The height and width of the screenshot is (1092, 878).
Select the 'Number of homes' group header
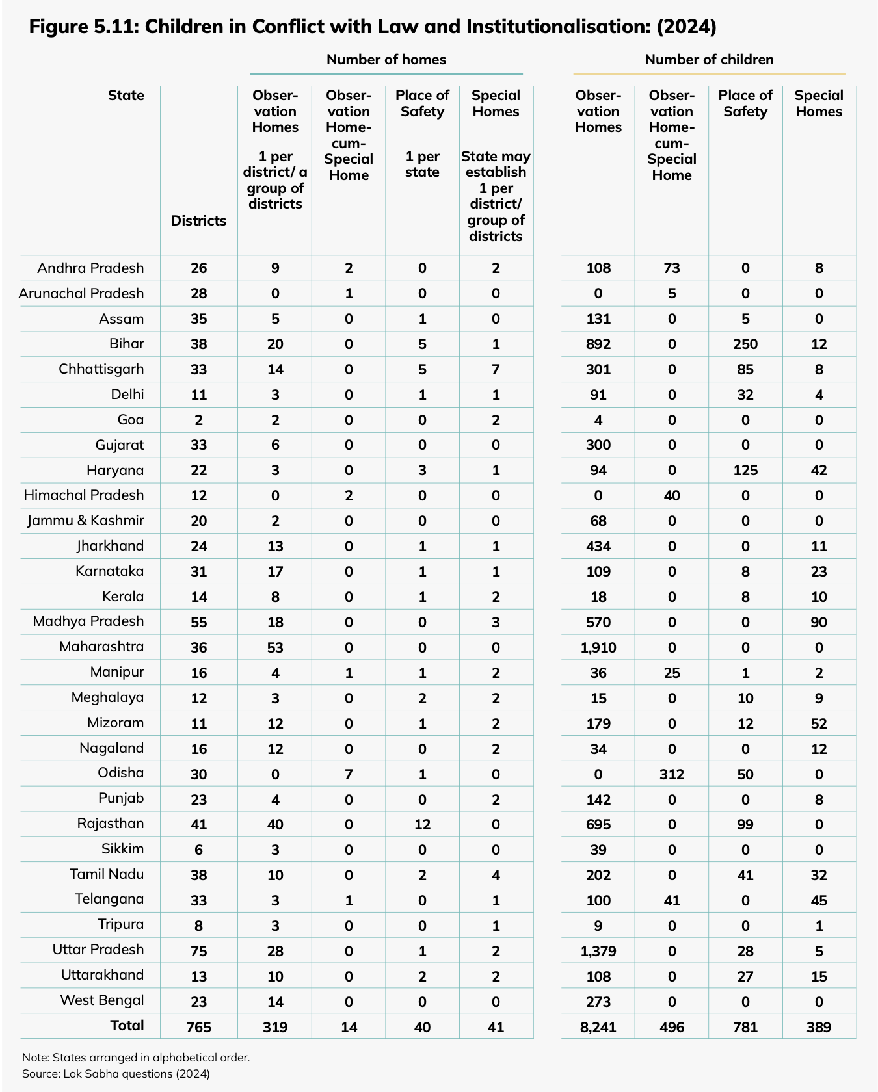(x=386, y=60)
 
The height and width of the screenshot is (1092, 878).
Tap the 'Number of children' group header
(x=709, y=60)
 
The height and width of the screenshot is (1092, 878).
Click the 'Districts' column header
(x=198, y=221)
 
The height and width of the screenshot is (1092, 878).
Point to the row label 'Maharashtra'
(x=101, y=647)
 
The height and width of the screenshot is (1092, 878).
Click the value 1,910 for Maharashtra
(x=598, y=647)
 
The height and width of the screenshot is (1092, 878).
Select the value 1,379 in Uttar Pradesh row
(x=598, y=951)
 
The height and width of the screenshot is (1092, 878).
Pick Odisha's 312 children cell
(x=671, y=774)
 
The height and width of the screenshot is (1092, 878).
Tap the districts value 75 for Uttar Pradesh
(x=198, y=951)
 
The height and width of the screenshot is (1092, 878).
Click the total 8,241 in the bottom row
(x=598, y=1027)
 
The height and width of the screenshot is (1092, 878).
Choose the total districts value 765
(x=198, y=1027)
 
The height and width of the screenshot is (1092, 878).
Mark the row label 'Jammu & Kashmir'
(x=85, y=521)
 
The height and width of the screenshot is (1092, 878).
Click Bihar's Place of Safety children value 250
(x=745, y=344)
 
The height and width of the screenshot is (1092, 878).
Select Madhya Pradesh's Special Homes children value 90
(x=818, y=622)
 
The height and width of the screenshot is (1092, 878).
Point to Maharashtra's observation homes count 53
(x=275, y=647)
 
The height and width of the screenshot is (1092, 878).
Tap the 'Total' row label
(x=127, y=1026)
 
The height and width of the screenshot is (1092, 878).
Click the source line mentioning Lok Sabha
(x=116, y=1074)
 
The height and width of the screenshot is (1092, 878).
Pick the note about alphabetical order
(x=135, y=1057)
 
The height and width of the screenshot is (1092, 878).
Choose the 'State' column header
(x=126, y=96)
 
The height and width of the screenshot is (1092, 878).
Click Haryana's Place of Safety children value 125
(x=745, y=470)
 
